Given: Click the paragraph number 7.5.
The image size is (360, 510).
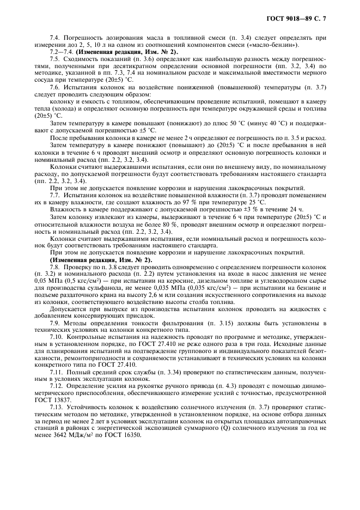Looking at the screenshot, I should pos(55,59).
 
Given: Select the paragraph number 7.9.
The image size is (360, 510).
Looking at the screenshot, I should pos(55,323).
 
